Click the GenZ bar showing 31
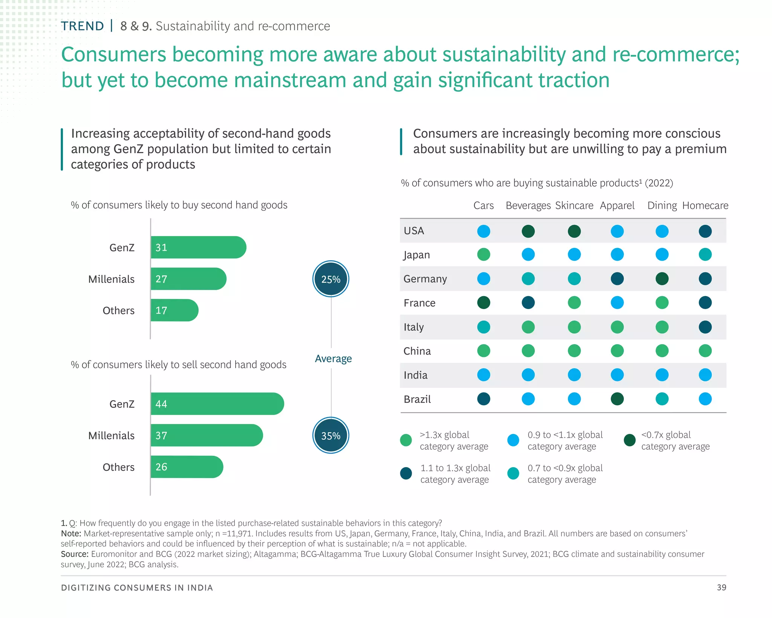click(x=198, y=248)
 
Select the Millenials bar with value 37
click(x=207, y=435)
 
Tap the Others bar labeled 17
click(x=174, y=311)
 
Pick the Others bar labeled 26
click(x=187, y=467)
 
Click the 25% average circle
click(x=331, y=279)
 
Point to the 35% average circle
click(x=331, y=436)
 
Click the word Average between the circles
click(x=333, y=358)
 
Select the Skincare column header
click(x=574, y=206)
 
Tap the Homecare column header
click(x=705, y=206)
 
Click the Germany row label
click(x=425, y=279)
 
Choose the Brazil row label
click(x=417, y=399)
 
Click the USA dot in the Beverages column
click(x=528, y=231)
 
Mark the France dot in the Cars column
click(x=484, y=303)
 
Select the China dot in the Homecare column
click(x=705, y=351)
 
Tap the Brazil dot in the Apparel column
click(x=617, y=399)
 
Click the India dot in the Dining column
click(x=662, y=375)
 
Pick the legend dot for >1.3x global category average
click(x=406, y=440)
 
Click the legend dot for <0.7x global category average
click(x=630, y=440)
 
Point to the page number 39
click(x=721, y=587)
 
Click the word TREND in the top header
click(x=82, y=26)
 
